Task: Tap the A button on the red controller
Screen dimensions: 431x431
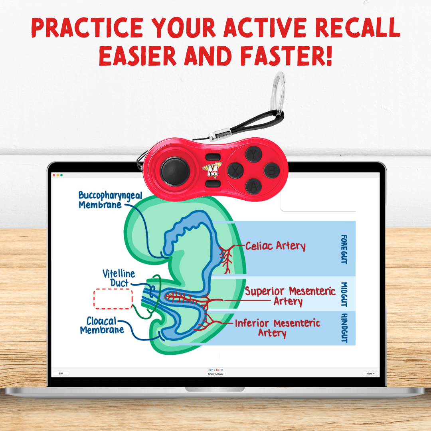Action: pyautogui.click(x=254, y=186)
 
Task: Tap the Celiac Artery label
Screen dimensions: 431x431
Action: pyautogui.click(x=275, y=246)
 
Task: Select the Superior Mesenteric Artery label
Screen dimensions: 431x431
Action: pyautogui.click(x=290, y=296)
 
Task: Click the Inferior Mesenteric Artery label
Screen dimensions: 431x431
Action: pyautogui.click(x=277, y=328)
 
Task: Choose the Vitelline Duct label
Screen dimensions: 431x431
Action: pyautogui.click(x=119, y=279)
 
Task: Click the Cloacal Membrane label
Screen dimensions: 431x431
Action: pyautogui.click(x=102, y=326)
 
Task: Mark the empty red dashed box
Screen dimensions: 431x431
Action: pyautogui.click(x=113, y=299)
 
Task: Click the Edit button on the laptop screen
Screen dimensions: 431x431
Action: pyautogui.click(x=61, y=374)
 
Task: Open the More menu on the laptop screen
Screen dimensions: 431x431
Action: pyautogui.click(x=370, y=374)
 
